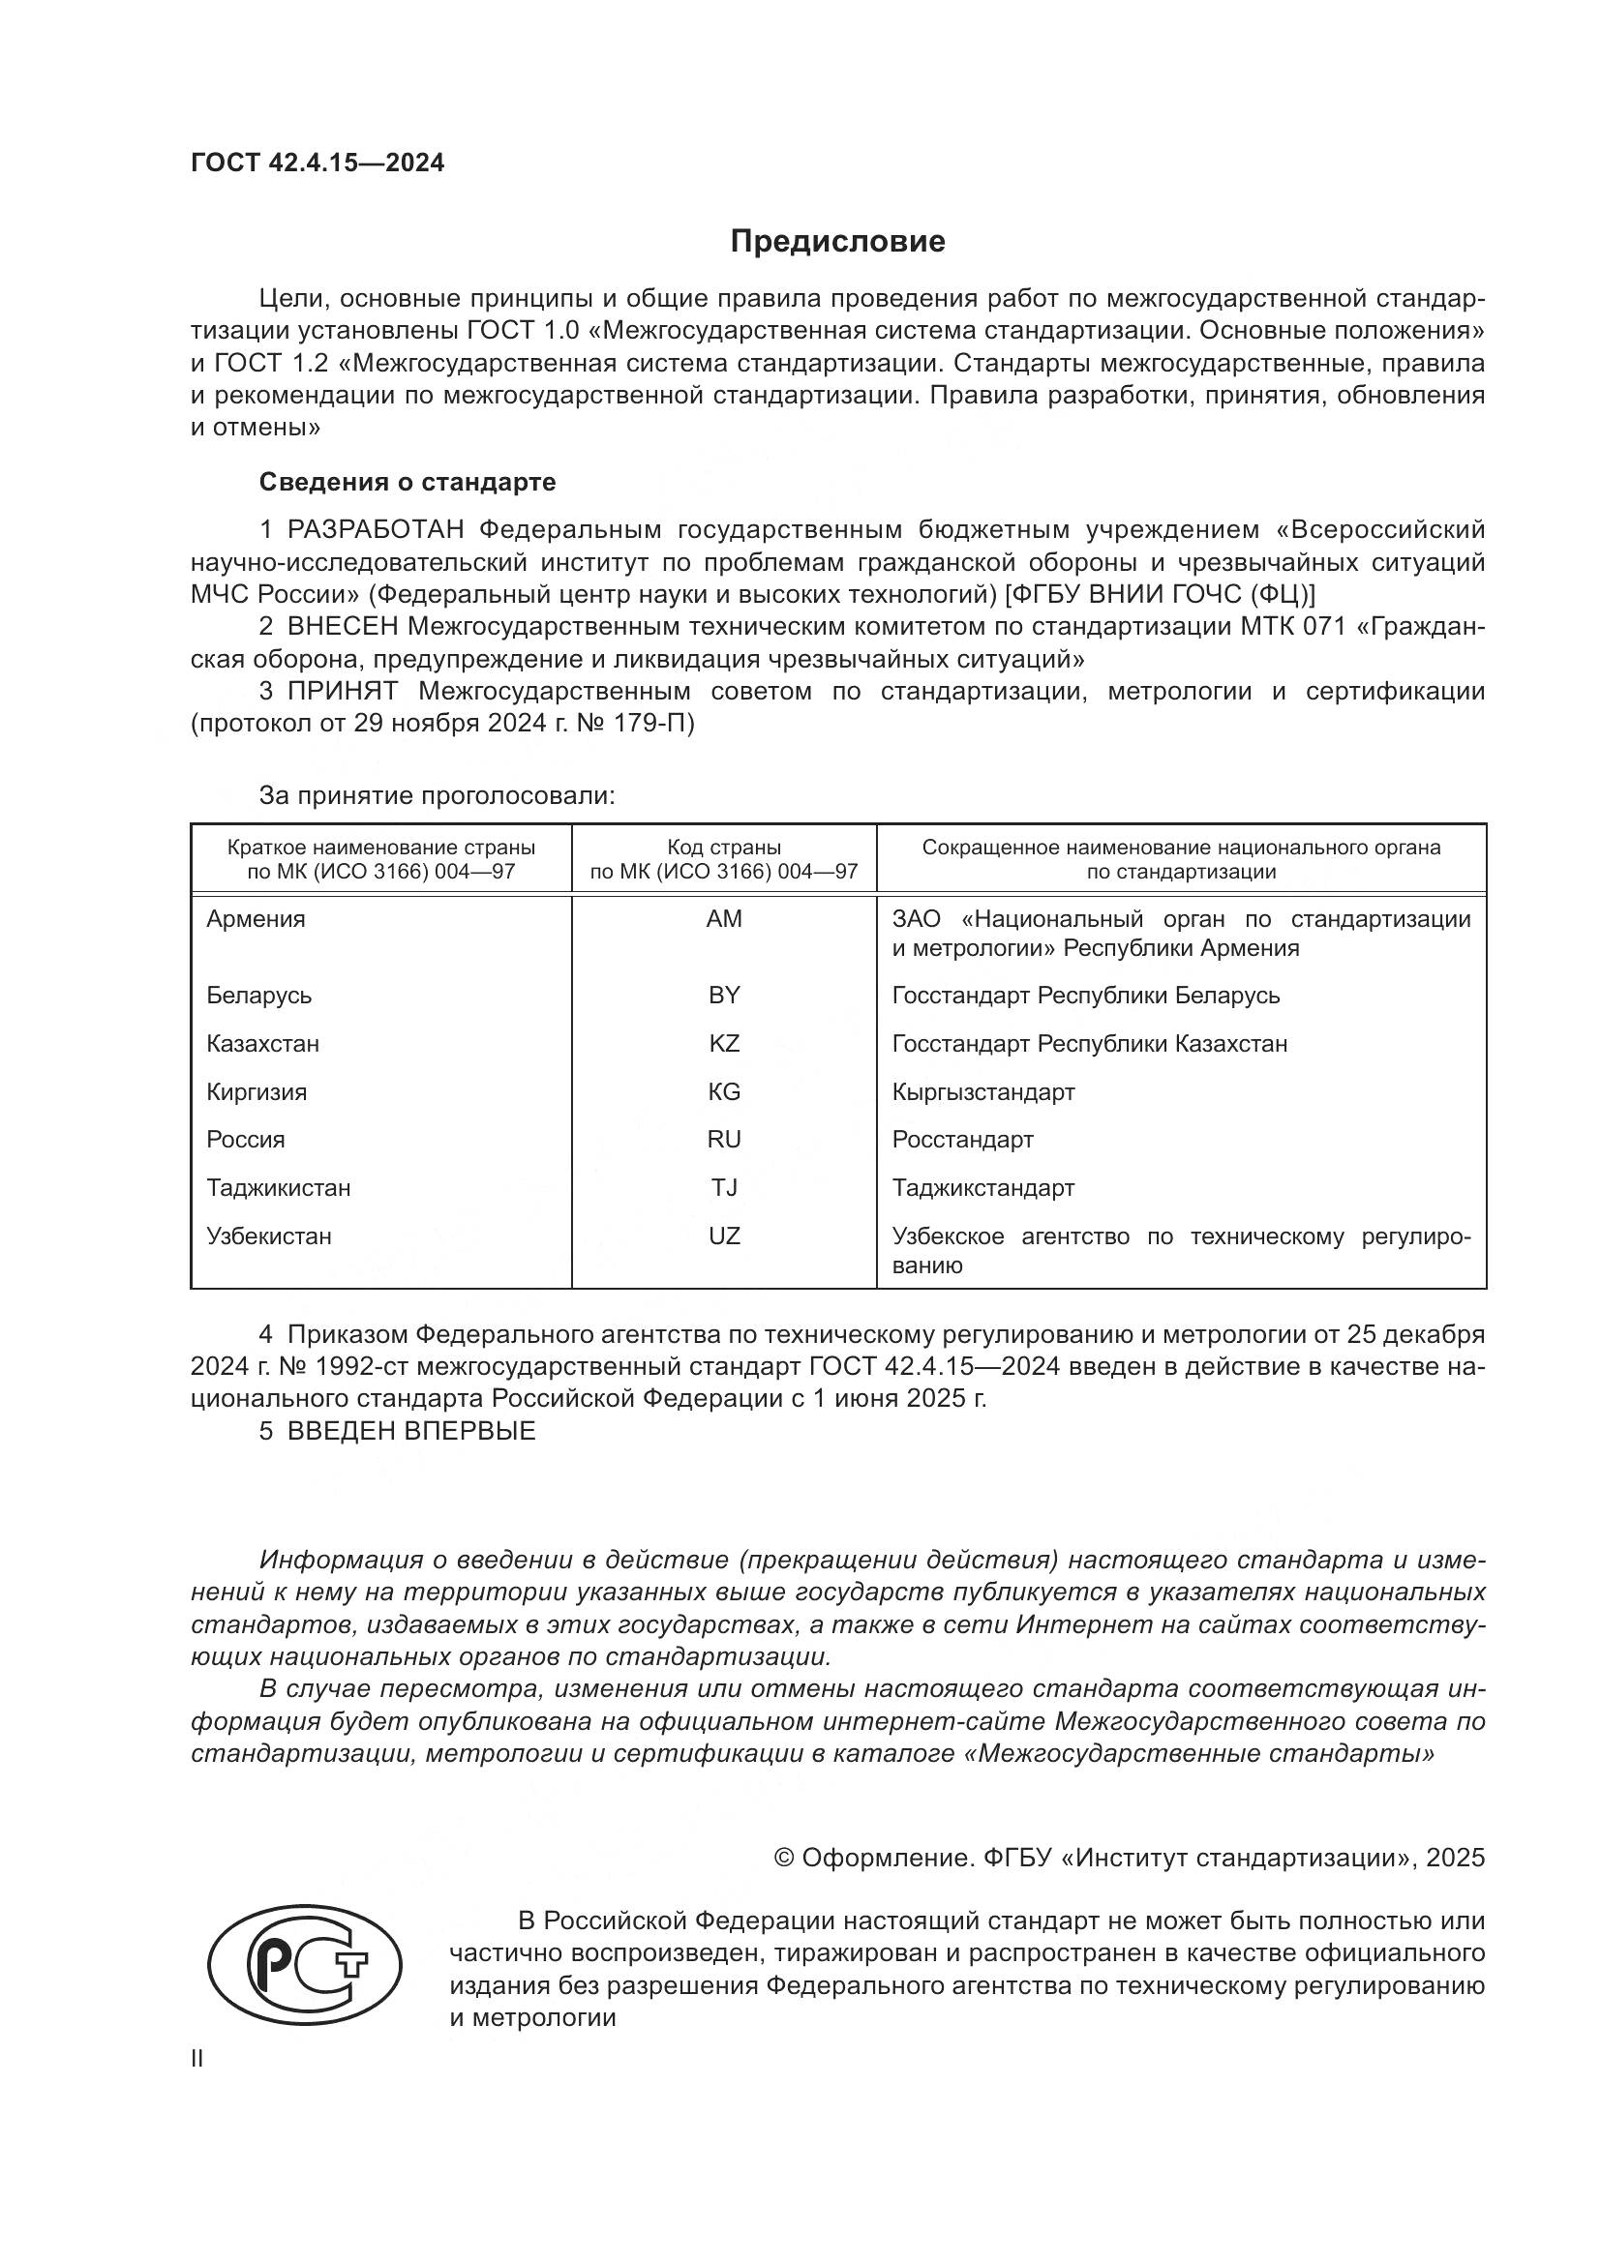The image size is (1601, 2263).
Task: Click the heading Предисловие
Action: (837, 242)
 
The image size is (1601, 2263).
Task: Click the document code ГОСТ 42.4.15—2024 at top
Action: (317, 163)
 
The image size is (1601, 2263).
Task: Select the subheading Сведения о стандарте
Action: (408, 482)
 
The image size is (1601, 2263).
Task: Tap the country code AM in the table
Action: (724, 918)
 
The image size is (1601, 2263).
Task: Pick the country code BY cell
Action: (724, 996)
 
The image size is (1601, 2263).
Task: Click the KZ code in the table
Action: (724, 1044)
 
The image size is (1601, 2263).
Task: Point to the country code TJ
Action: (724, 1188)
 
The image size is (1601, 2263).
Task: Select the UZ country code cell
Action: (724, 1236)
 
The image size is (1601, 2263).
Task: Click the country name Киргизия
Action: (257, 1092)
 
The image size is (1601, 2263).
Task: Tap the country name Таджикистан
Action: (278, 1188)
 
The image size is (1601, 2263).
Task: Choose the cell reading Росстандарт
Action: (962, 1140)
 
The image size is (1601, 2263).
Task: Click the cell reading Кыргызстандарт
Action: (982, 1092)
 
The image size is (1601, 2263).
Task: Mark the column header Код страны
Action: (724, 848)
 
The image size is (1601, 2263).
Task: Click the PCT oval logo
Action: (305, 1963)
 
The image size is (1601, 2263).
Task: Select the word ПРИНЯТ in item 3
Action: (342, 691)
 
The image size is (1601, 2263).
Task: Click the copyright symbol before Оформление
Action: (784, 1858)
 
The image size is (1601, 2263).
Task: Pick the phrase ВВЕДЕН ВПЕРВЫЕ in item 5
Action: (411, 1431)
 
